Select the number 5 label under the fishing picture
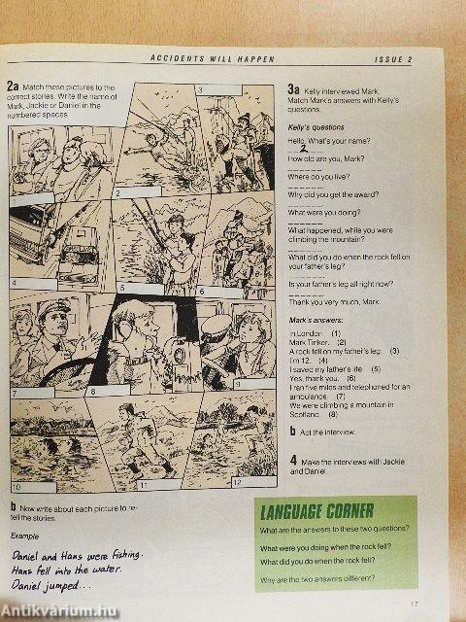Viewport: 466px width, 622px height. tap(122, 289)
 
